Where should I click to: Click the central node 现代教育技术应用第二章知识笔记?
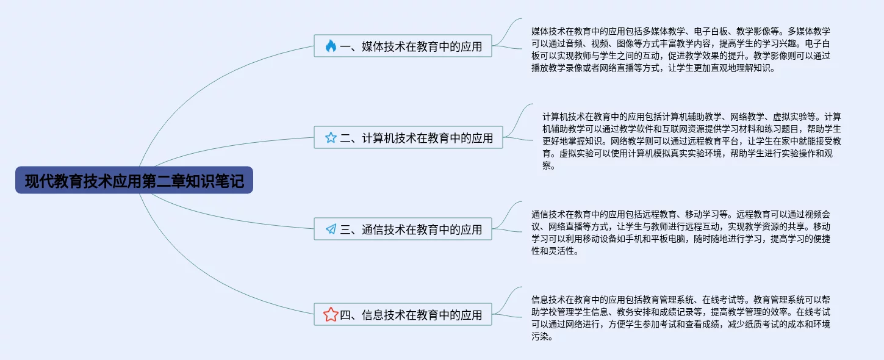134,181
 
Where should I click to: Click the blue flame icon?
331,46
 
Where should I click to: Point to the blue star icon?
331,138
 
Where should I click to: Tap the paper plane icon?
331,229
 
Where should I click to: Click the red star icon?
331,315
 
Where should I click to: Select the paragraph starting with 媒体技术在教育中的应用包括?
680,49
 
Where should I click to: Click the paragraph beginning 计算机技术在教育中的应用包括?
691,141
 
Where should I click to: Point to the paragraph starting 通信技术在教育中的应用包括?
680,232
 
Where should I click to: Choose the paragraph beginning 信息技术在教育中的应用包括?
680,318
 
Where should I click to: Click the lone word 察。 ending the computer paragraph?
548,166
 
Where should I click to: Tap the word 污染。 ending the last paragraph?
542,337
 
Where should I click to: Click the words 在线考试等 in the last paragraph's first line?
723,300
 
